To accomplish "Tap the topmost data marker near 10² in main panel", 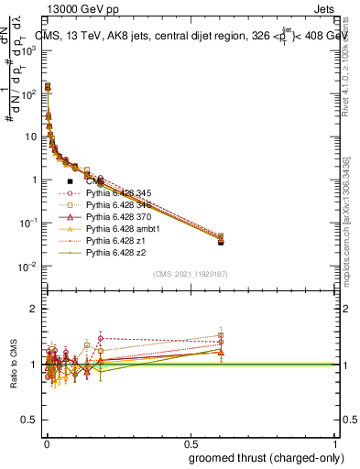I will pos(48,86).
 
